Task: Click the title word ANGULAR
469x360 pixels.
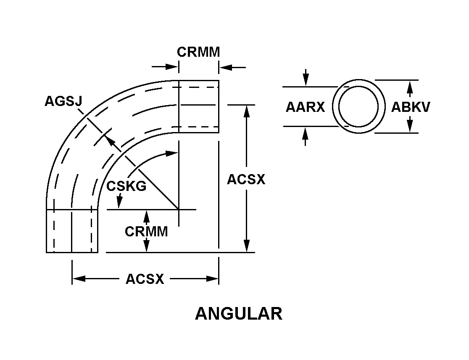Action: (x=238, y=314)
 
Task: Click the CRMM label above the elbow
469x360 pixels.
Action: (x=198, y=52)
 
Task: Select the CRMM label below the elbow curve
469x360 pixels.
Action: (x=146, y=231)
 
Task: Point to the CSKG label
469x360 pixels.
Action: (x=126, y=186)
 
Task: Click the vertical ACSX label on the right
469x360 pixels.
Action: (x=246, y=180)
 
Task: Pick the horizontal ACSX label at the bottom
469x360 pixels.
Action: (x=145, y=279)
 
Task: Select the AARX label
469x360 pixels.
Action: (x=305, y=107)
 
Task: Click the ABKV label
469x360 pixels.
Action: (x=411, y=107)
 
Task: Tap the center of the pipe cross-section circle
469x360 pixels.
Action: (x=358, y=106)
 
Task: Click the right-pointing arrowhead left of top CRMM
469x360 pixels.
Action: (x=172, y=66)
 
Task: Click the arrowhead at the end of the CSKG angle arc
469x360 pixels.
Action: (x=172, y=154)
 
